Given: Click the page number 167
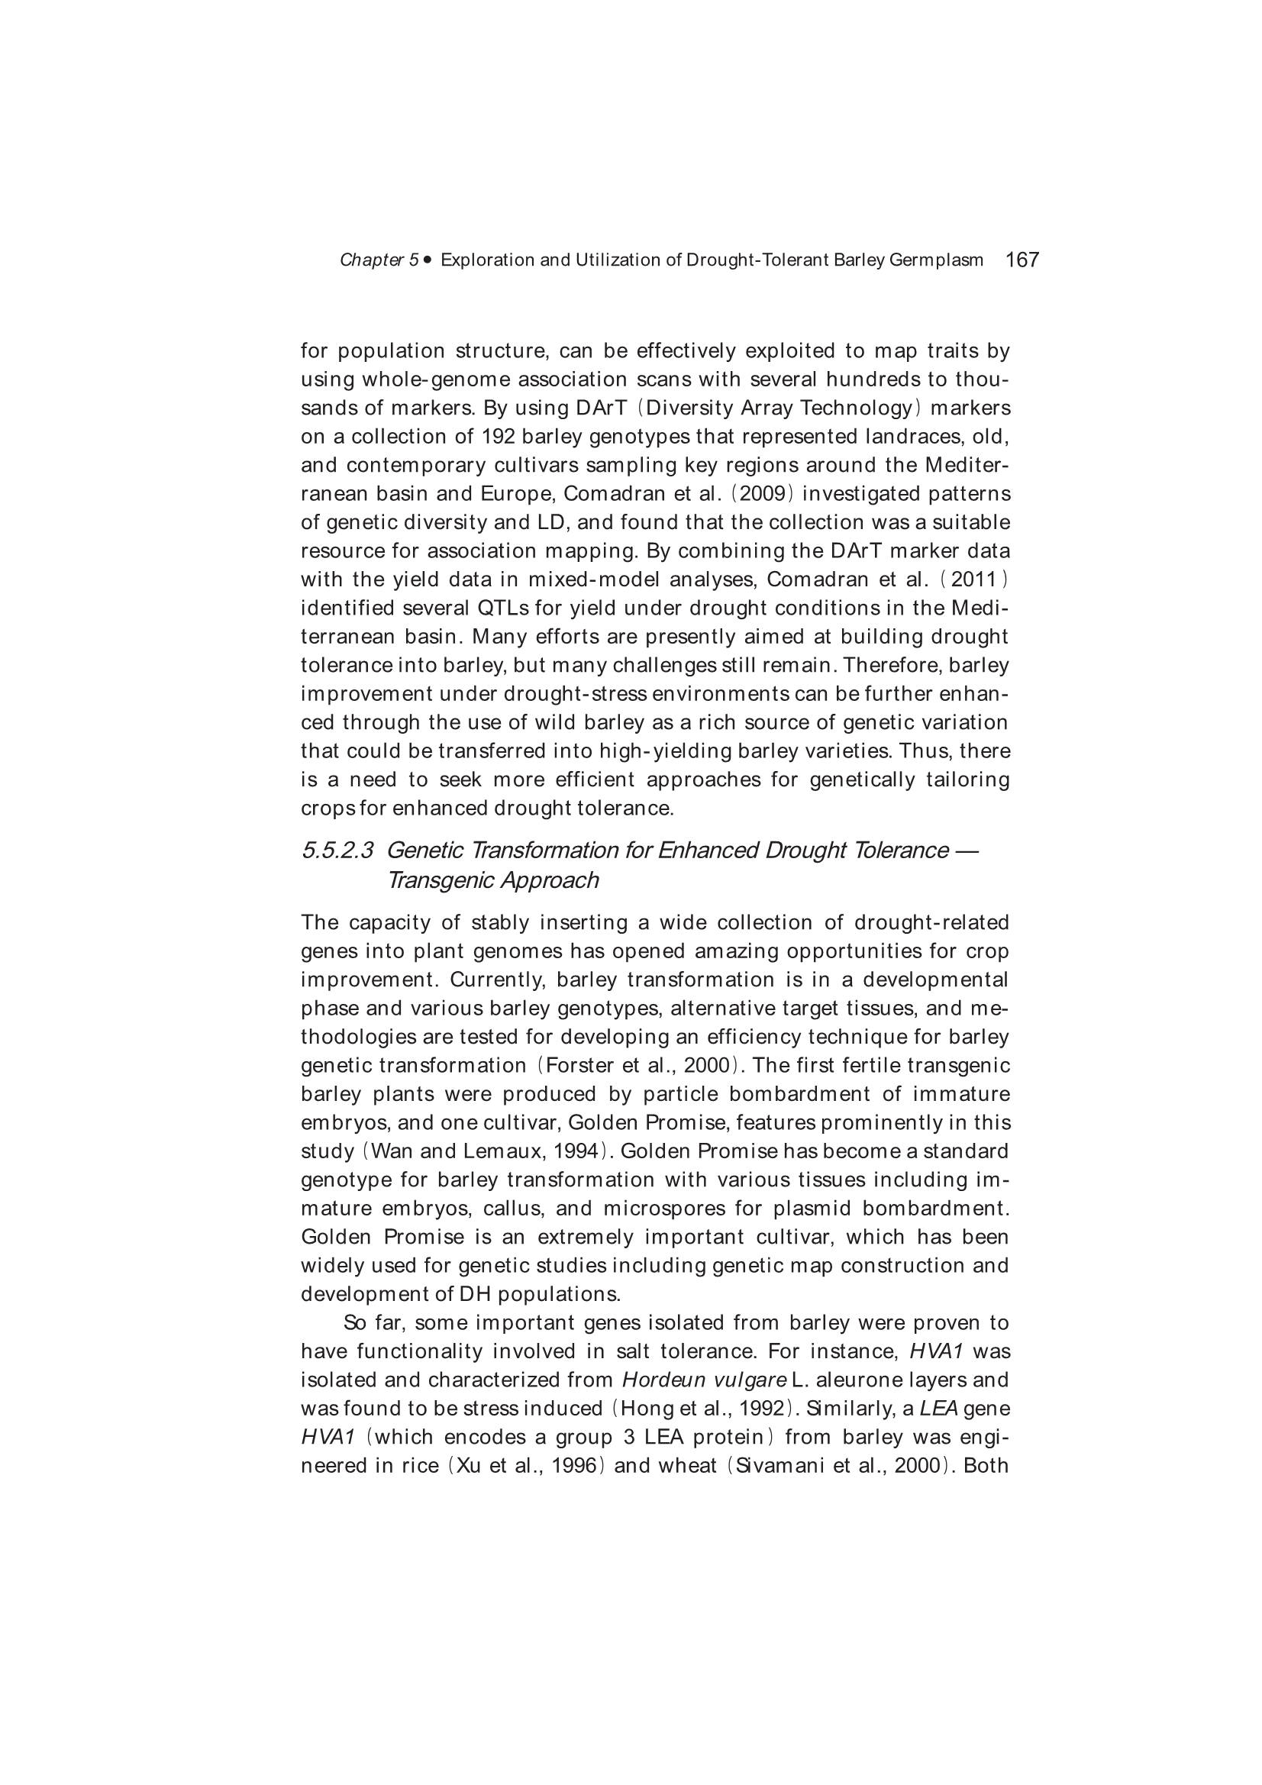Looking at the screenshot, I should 1022,260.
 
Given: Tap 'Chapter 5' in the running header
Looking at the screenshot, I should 379,260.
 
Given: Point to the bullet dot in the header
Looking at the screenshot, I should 428,260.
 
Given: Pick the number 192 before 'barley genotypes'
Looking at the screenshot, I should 499,437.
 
